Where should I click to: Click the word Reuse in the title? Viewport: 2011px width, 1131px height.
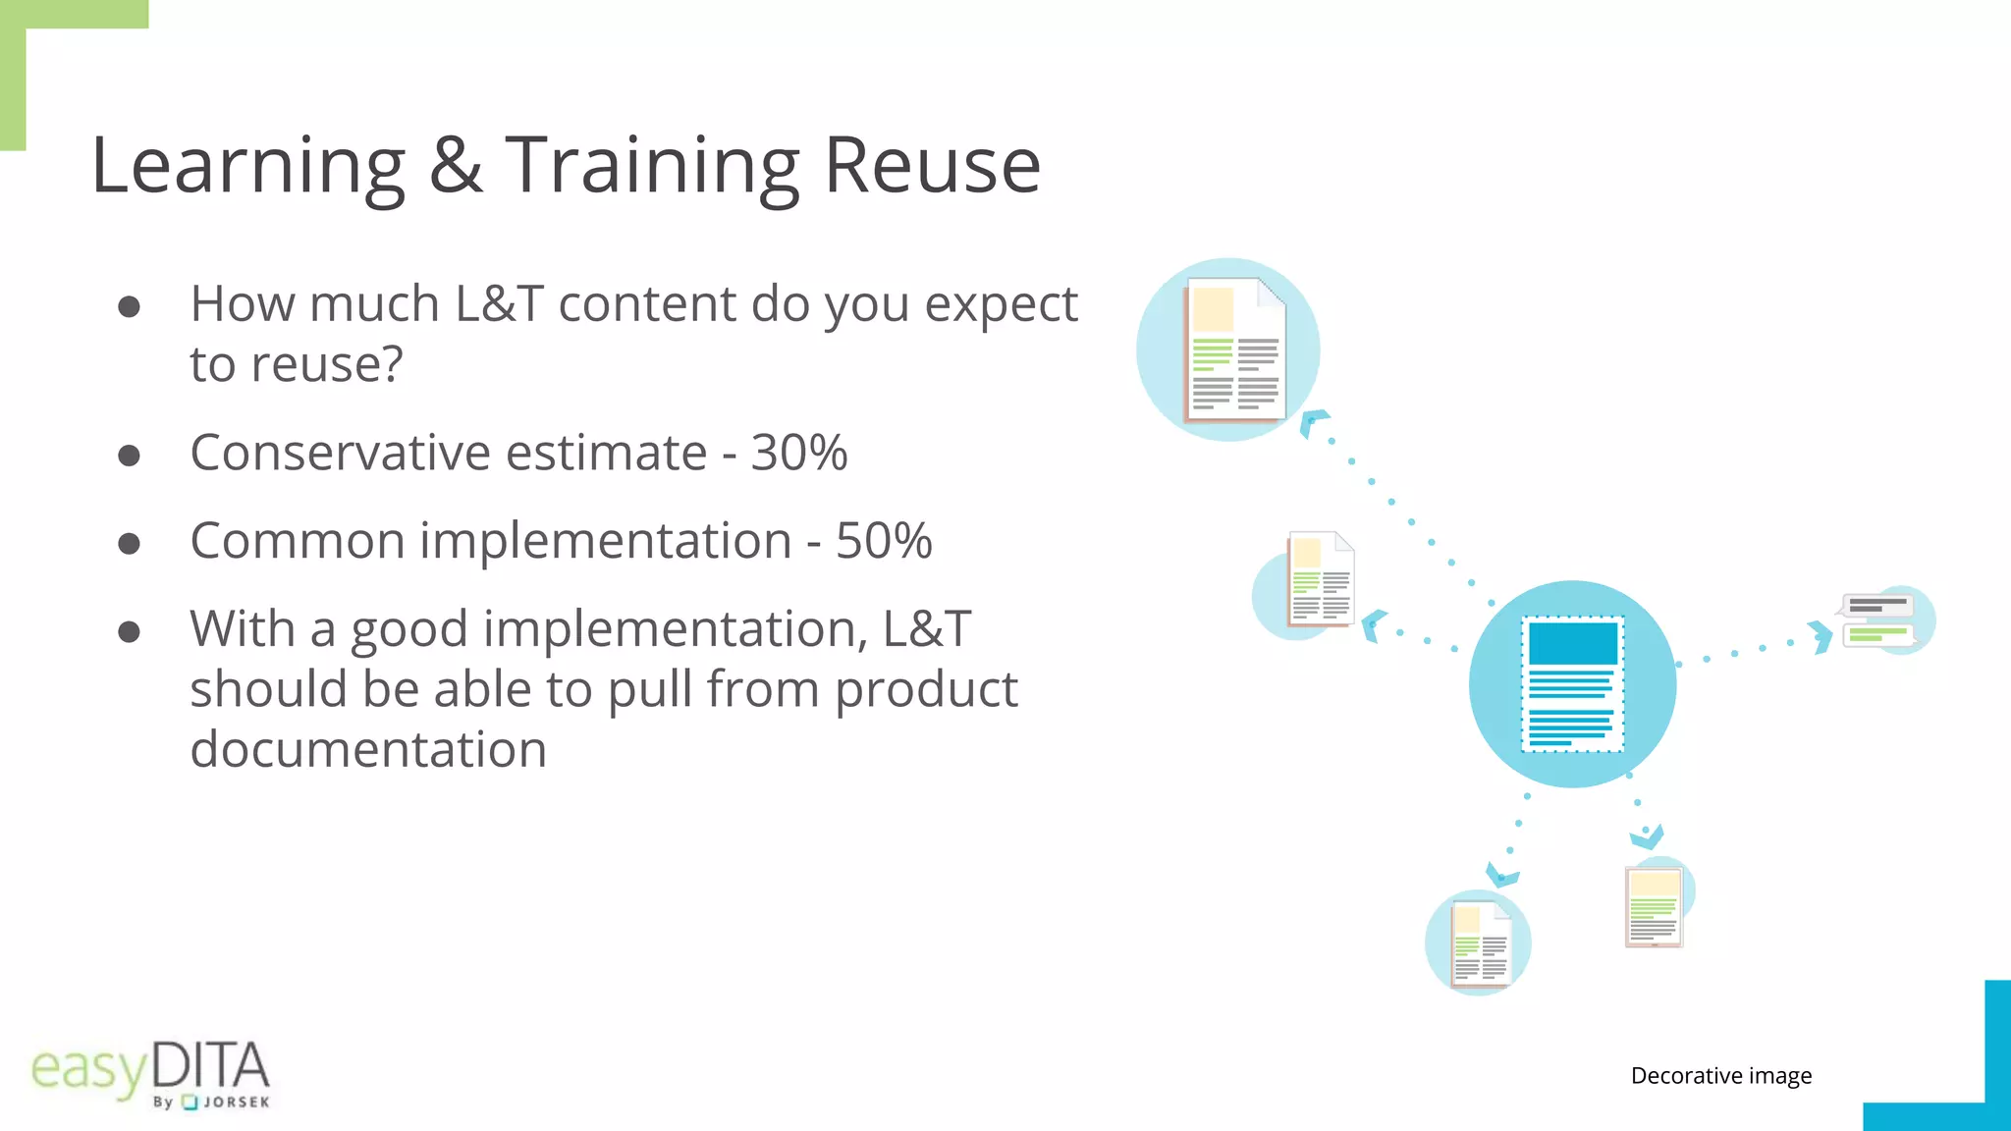(x=931, y=165)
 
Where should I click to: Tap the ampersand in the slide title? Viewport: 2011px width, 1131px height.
(x=457, y=165)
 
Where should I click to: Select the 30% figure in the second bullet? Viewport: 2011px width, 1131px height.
(x=798, y=453)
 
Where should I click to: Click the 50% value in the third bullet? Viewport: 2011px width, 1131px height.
(x=884, y=541)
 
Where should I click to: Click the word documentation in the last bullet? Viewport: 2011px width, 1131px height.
(x=368, y=750)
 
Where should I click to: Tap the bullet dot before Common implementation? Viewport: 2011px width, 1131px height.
(x=129, y=544)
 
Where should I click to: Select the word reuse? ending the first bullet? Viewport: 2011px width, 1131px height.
(x=296, y=364)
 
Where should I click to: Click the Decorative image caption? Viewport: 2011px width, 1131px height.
(x=1720, y=1076)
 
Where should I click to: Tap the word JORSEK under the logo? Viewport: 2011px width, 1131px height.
(x=236, y=1103)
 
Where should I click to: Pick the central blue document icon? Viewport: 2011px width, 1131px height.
(x=1572, y=684)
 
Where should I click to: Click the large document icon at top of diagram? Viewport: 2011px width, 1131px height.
(x=1234, y=350)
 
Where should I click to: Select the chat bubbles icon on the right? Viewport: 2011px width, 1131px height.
(x=1878, y=620)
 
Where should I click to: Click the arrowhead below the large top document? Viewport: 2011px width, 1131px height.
(x=1312, y=422)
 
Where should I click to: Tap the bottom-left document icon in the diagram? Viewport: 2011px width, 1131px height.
(x=1480, y=942)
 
